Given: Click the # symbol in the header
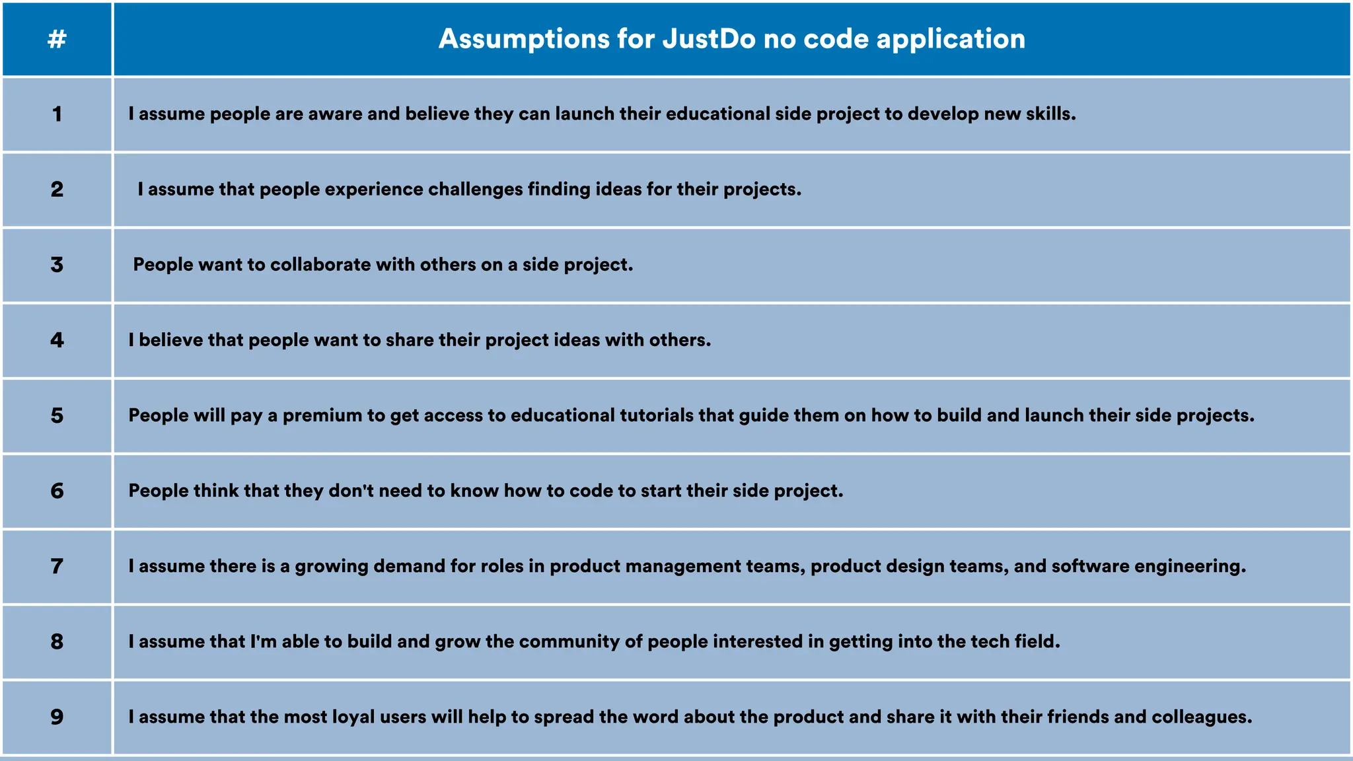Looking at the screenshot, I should pyautogui.click(x=57, y=39).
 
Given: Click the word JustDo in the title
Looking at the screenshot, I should pyautogui.click(x=709, y=39).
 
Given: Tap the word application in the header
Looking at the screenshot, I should pyautogui.click(x=951, y=39).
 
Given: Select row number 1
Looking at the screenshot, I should pyautogui.click(x=57, y=114).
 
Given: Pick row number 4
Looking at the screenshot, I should pyautogui.click(x=57, y=340).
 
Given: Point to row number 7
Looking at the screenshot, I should pyautogui.click(x=57, y=566).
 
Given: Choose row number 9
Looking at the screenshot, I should pyautogui.click(x=57, y=717).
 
